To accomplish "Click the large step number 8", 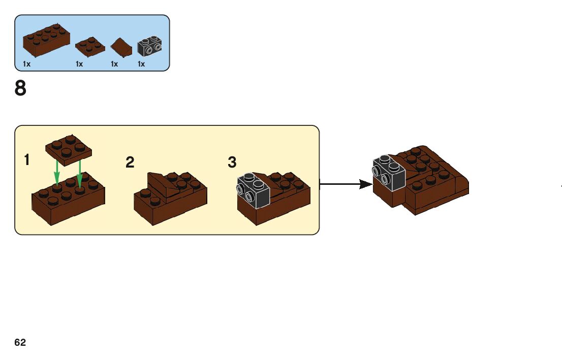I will tap(20, 88).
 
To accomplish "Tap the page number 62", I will tap(20, 343).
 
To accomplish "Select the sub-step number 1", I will tap(26, 160).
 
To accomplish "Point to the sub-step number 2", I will tap(130, 162).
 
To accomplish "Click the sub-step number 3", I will tap(232, 162).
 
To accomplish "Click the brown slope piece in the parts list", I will tap(121, 47).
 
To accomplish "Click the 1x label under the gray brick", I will tap(141, 64).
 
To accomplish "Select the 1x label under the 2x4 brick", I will tap(27, 64).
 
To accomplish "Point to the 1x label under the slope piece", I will tap(114, 64).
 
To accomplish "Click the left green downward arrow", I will tap(57, 173).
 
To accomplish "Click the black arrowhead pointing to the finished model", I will tap(365, 184).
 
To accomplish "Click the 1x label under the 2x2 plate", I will tap(79, 64).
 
